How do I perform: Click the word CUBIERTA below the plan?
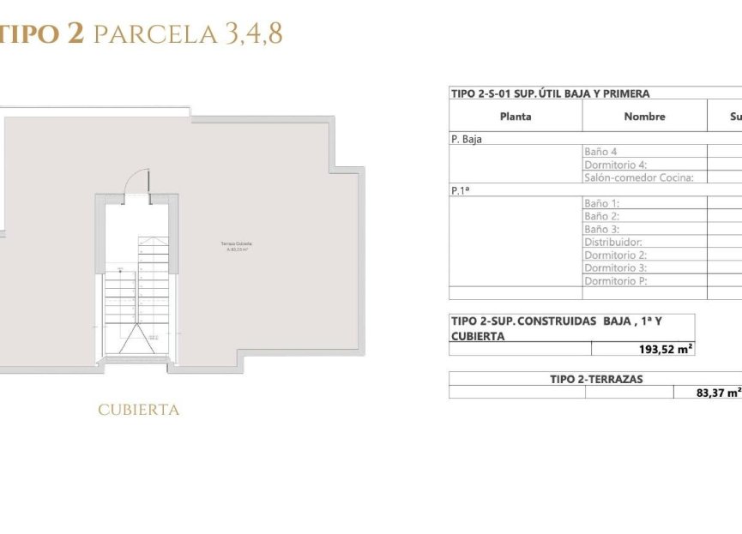click(139, 411)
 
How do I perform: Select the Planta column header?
click(516, 117)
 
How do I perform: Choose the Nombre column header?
click(644, 117)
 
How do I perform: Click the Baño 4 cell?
click(600, 152)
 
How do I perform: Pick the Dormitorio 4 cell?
click(615, 165)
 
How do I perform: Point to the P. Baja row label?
click(467, 138)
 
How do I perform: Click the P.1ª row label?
click(461, 191)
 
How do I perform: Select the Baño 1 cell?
click(601, 204)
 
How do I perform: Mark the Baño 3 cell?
click(601, 230)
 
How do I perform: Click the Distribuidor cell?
click(612, 243)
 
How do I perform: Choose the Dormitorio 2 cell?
click(615, 255)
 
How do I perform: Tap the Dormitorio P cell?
click(615, 281)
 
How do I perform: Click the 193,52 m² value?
click(655, 349)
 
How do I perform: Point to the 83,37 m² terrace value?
click(719, 393)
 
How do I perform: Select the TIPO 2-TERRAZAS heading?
click(596, 379)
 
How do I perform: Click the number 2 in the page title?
click(75, 34)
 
